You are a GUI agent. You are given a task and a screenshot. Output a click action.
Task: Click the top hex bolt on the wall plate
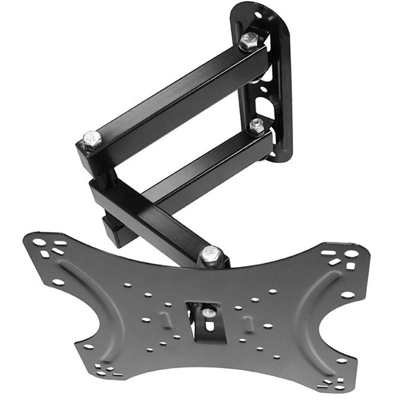pos(249,41)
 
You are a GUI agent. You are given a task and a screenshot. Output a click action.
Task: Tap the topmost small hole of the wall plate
pos(258,15)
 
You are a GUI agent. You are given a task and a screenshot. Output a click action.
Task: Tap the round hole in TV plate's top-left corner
pos(39,242)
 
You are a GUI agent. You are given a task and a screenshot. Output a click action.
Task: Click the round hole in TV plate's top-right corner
pos(351,254)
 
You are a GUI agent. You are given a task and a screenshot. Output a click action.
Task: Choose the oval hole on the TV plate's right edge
pos(347,294)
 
